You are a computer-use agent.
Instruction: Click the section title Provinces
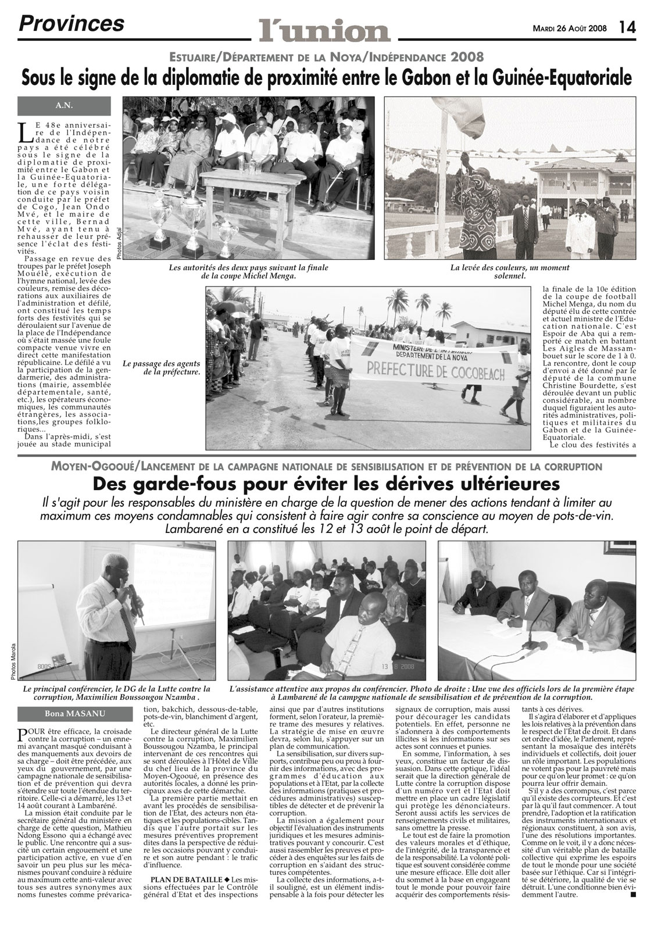(x=72, y=23)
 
